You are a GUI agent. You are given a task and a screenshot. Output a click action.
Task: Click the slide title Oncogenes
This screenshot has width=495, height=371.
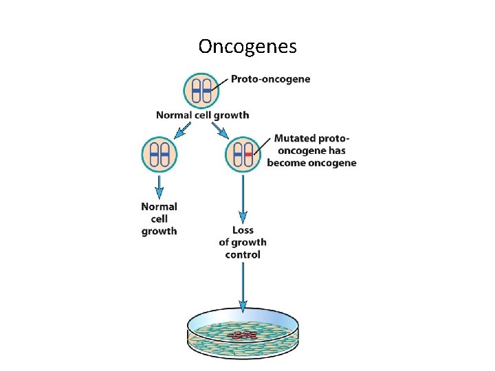coord(247,46)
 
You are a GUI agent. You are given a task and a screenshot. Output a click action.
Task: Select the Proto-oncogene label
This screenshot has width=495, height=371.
coord(270,79)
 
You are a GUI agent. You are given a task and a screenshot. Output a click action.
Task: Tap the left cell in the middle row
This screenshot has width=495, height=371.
coord(159,154)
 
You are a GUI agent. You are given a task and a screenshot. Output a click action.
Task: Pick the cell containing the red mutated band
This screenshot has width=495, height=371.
coord(243,154)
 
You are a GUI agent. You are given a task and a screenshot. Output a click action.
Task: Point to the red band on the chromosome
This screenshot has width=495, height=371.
coord(249,155)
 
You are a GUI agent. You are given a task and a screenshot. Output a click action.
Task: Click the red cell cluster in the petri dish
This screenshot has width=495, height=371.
coord(244,335)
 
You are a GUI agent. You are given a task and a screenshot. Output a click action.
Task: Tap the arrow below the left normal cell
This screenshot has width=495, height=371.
coord(159,185)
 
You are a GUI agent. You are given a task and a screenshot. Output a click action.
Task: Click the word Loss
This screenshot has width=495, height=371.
coord(243,230)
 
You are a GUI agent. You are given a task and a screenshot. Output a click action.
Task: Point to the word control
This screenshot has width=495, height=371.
coord(243,255)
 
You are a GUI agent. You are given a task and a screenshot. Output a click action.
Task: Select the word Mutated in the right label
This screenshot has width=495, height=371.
coord(296,138)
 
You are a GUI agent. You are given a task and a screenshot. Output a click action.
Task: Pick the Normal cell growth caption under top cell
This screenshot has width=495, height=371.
coord(202,115)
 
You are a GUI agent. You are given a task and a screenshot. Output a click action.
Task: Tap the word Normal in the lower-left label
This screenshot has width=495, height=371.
coord(159,206)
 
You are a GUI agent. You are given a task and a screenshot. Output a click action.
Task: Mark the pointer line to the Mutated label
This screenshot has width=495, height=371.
coord(263,146)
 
